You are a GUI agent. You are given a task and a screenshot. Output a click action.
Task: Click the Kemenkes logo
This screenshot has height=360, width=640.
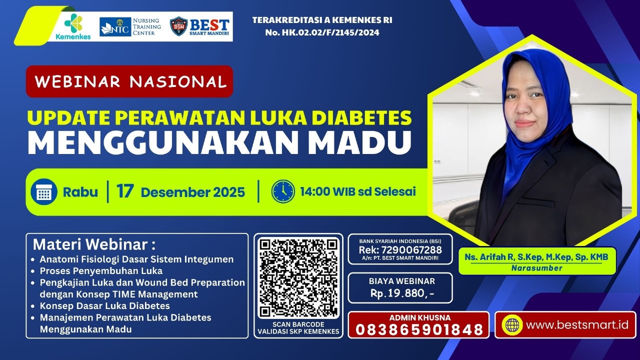pos(73,26)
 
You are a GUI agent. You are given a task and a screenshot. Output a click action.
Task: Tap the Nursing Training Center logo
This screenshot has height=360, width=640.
pos(130,26)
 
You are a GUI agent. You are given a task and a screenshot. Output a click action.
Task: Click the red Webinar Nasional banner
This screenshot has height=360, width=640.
pos(129,81)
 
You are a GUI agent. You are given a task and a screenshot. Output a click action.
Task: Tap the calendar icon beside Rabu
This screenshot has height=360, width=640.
pos(44,192)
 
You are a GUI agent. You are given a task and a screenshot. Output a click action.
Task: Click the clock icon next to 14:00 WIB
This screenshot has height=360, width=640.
pos(283,191)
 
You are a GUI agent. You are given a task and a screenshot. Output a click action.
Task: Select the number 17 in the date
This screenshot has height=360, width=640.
pos(125,191)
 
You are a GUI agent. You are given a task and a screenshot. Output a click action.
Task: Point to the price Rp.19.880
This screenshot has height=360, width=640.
pos(400,293)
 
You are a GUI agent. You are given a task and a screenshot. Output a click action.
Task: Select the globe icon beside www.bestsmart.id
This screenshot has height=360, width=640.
pos(512,325)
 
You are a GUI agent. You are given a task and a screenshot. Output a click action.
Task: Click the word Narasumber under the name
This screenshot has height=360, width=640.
pos(536,268)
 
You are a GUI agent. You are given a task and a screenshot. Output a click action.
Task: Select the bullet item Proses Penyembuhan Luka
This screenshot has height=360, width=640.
pos(101,271)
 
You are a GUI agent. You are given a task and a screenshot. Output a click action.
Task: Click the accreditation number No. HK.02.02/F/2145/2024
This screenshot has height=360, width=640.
pos(322,32)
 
